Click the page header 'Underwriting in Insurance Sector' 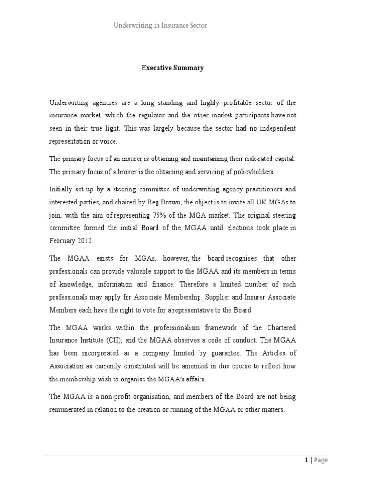click(x=160, y=25)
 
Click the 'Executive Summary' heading click(x=172, y=68)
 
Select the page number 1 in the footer click(x=306, y=460)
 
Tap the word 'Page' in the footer click(x=321, y=460)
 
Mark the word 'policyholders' click(x=243, y=171)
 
